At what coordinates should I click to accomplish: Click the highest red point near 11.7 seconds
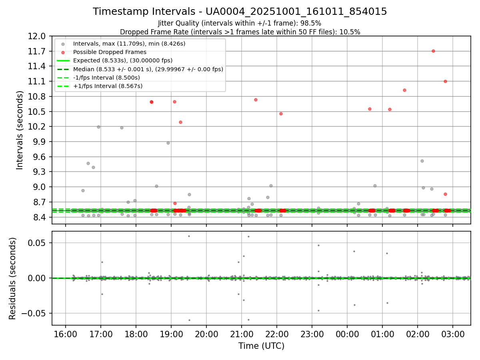point(433,51)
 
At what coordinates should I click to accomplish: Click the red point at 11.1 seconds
point(445,81)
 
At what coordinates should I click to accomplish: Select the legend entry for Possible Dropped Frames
point(110,52)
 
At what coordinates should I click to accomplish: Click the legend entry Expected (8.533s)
point(122,60)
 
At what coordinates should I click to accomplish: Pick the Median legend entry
point(148,69)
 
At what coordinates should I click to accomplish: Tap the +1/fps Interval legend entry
point(108,86)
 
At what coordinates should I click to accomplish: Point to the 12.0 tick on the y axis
point(38,36)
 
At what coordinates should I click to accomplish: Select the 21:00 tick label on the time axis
point(241,334)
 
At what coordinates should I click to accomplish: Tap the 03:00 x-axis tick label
point(453,334)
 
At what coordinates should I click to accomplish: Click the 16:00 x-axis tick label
point(65,334)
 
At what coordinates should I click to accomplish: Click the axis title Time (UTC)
point(261,346)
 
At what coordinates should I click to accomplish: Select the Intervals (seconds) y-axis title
point(20,130)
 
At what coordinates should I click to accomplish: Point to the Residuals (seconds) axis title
point(13,278)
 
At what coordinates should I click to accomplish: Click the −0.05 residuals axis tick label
point(36,313)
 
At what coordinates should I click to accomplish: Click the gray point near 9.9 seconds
point(168,143)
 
